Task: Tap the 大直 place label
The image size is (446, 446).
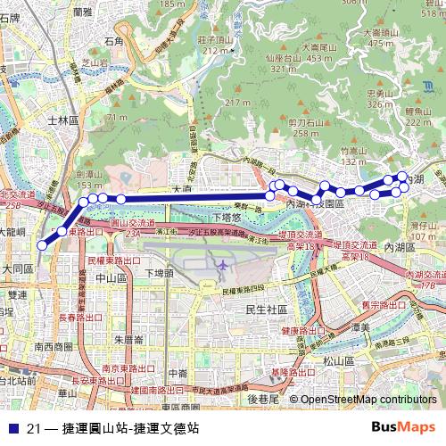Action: [x=182, y=189]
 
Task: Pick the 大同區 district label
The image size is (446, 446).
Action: [x=16, y=267]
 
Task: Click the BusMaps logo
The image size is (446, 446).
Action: [x=402, y=426]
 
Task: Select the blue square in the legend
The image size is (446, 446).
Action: [x=12, y=427]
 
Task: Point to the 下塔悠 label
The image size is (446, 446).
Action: [x=229, y=218]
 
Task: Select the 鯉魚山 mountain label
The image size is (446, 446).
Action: [x=417, y=110]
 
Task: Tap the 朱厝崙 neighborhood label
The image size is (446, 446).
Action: [x=130, y=339]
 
